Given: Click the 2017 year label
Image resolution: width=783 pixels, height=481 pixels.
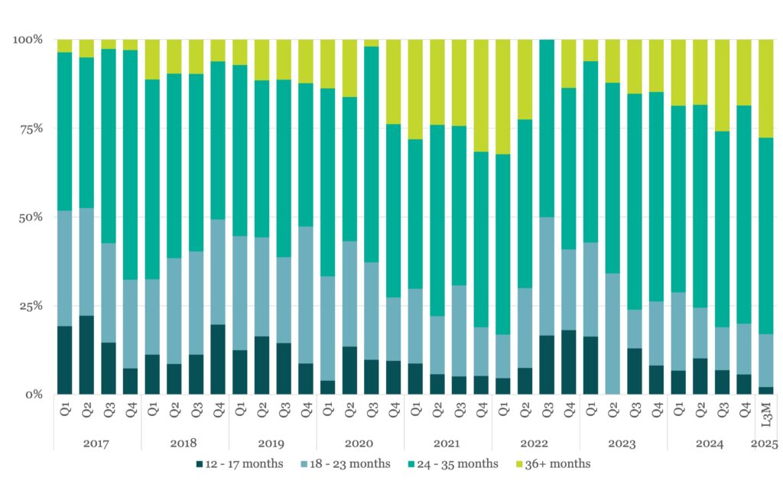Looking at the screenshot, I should pos(97,444).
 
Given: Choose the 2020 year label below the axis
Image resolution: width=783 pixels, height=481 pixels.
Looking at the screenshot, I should pos(360,444).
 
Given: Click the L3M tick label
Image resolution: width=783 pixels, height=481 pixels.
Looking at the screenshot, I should pos(766,411).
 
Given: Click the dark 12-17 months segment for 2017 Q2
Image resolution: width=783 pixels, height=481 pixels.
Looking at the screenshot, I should pos(86,355).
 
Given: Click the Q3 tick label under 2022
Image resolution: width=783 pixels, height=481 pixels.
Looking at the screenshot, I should pos(547,411).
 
